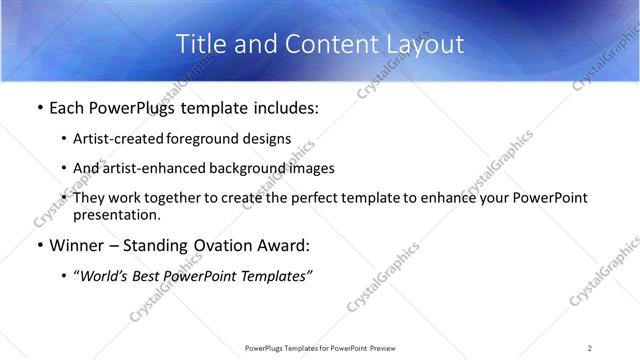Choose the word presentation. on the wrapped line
tap(116, 214)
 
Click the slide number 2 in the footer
tap(590, 348)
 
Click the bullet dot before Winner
tap(39, 246)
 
